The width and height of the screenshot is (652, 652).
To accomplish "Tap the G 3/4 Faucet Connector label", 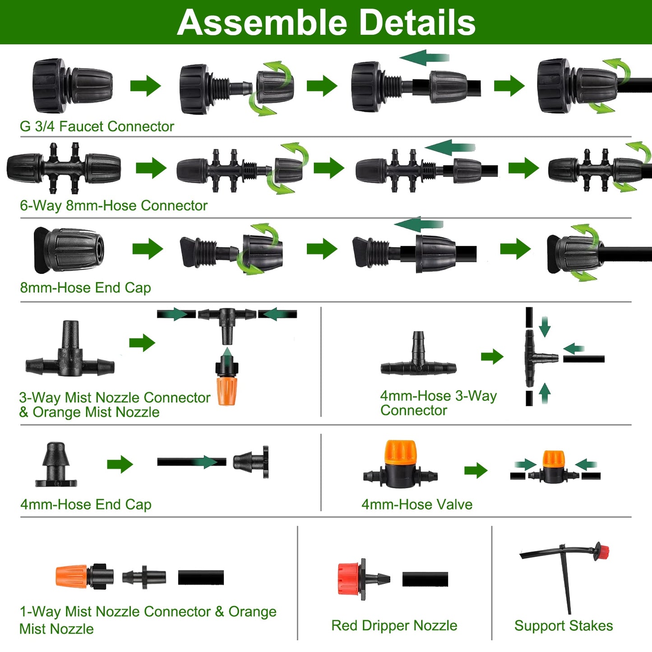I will coord(97,126).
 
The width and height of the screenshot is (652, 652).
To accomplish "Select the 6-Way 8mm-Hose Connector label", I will coord(113,206).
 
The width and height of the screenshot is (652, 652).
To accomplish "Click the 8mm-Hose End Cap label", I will coord(85,287).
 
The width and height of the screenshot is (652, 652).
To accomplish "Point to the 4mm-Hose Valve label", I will coord(416,504).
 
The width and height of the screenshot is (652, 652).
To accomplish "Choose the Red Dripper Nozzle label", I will coord(394,625).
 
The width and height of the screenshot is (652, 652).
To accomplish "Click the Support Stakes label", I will coord(563,625).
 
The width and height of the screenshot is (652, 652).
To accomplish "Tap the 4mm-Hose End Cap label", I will coord(86,504).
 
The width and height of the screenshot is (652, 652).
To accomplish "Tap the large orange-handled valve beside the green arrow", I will coord(400,465).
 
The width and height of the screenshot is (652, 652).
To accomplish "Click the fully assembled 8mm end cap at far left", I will coord(69,250).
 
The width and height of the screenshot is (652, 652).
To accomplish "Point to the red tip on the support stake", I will coord(602,551).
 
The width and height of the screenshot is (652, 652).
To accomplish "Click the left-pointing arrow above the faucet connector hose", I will coord(424,58).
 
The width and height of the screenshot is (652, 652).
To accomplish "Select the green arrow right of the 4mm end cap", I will coord(120,464).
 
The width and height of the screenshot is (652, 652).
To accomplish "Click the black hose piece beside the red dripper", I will coord(425,579).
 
